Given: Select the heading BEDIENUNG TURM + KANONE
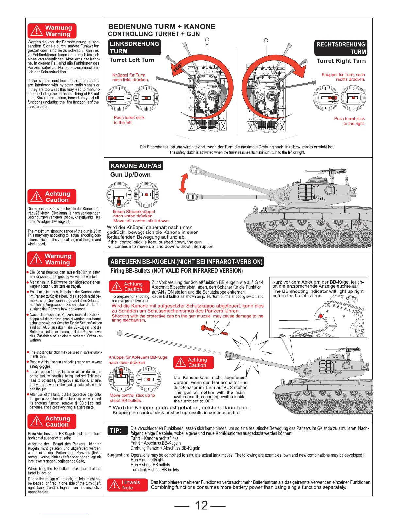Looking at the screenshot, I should tap(162, 26).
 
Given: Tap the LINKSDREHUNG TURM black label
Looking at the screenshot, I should tap(135, 47).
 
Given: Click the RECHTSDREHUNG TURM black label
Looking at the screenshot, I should tap(341, 48).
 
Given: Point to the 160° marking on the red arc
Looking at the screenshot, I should tap(177, 68).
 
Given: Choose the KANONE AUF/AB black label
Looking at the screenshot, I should tap(136, 166).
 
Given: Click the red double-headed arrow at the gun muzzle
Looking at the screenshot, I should tap(183, 183).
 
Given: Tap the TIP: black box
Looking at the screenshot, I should tap(115, 431).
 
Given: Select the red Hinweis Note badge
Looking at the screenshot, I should tap(127, 485).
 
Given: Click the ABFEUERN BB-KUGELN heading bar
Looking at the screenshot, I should tap(187, 262).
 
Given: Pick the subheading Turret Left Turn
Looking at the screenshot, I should tap(132, 60).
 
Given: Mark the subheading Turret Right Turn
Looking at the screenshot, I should tap(341, 61).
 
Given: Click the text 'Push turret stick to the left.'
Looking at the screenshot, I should tap(129, 120).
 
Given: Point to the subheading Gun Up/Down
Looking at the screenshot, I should tap(130, 175).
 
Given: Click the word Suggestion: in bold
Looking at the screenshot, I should tap(118, 455).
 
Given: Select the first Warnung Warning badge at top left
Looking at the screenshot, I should tap(52, 31).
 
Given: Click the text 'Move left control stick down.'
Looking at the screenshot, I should tap(141, 221).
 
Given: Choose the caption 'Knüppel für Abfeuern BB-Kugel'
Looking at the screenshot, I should tap(138, 357).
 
